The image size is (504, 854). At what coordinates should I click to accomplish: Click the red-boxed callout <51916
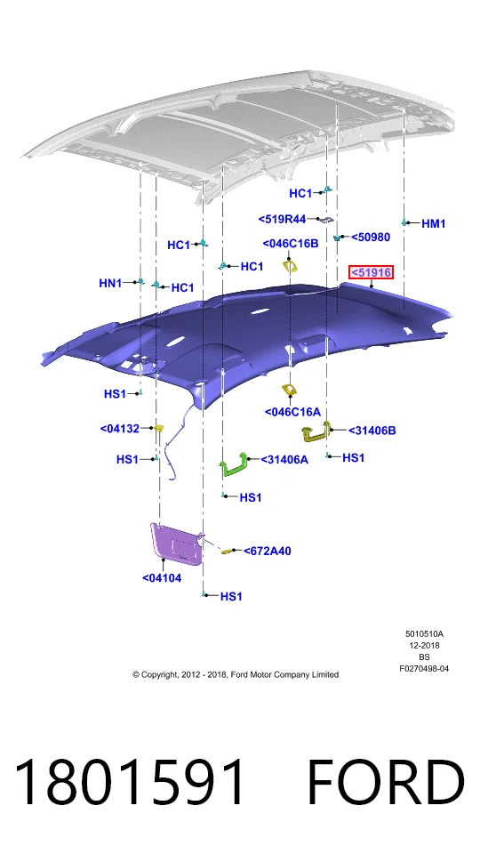pos(372,272)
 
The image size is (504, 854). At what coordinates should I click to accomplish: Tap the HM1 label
pos(434,223)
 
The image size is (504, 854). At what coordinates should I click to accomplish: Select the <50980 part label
pos(371,237)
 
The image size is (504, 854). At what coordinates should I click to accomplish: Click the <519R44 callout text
pos(282,219)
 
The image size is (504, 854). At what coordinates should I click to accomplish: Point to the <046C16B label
pos(291,244)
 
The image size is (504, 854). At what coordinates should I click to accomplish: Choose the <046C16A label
pos(292,412)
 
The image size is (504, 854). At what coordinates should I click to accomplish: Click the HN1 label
pos(110,283)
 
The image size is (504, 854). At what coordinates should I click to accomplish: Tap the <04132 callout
pos(120,429)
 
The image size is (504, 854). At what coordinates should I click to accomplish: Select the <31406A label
pos(284,460)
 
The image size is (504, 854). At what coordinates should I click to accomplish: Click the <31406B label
pos(372,431)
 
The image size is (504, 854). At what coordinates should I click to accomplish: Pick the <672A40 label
pos(268,551)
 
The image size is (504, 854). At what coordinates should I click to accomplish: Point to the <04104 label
pos(162,578)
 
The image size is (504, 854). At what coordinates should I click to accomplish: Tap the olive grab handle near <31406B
pos(316,431)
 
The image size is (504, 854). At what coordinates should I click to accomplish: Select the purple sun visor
pos(177,541)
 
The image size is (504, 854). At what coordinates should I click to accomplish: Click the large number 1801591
pos(130,782)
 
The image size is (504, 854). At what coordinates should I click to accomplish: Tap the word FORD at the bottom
pos(386,782)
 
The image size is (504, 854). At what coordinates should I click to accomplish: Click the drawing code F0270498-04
pos(424,668)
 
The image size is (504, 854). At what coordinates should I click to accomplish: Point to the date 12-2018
pos(425,646)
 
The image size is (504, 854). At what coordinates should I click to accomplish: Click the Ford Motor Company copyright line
pos(236,674)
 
